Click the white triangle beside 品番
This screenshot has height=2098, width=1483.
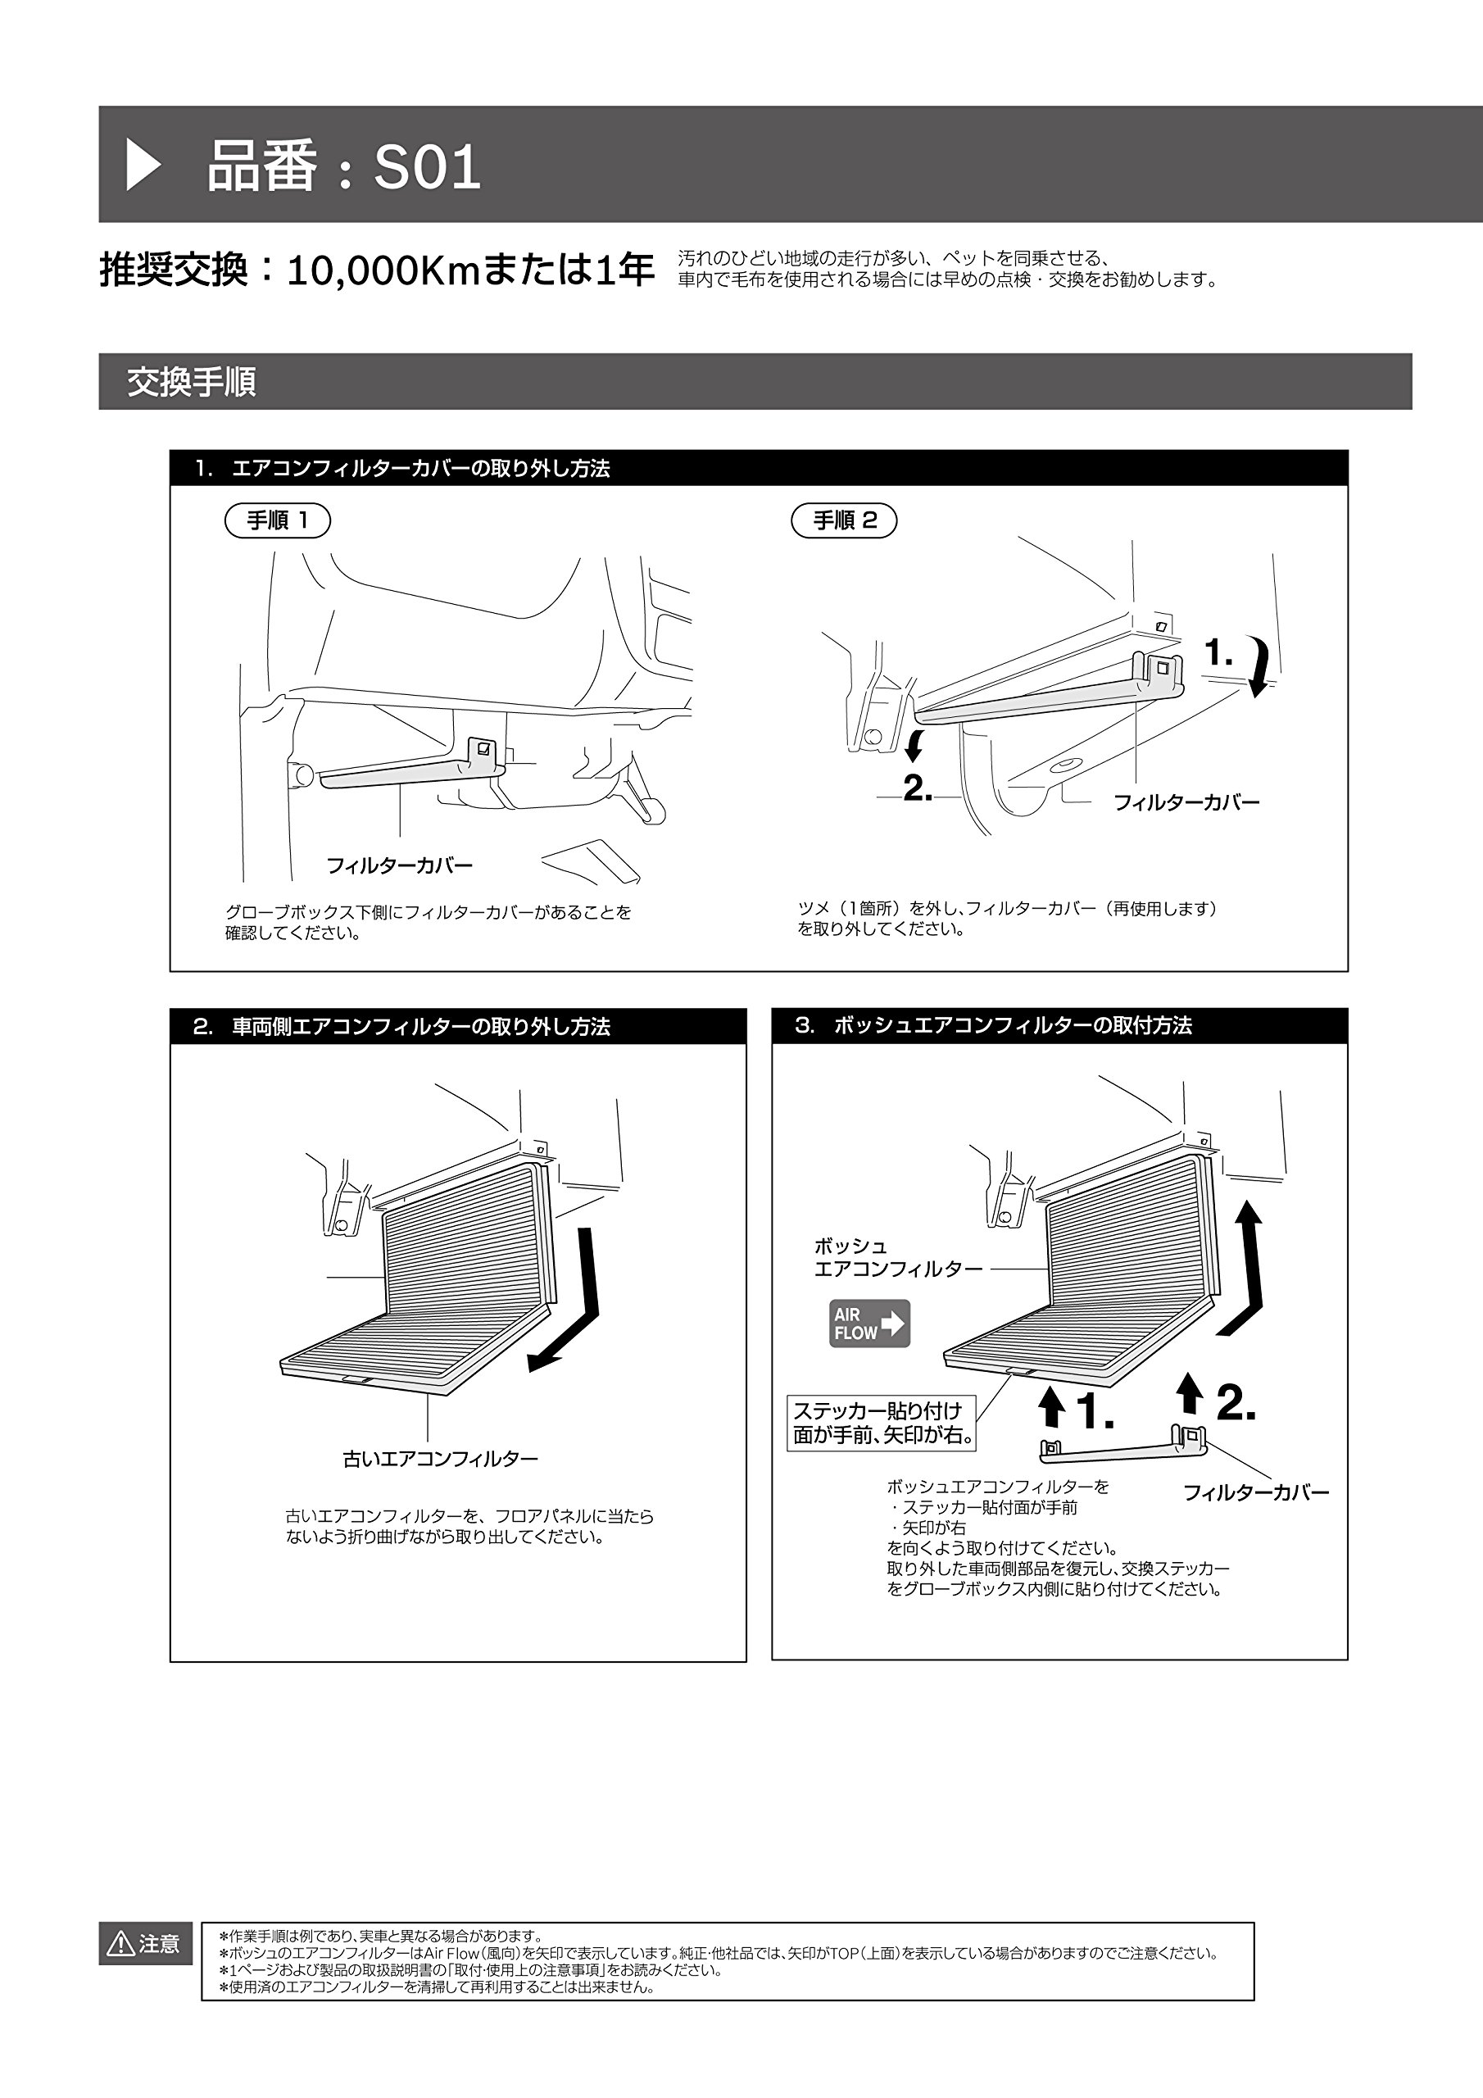pyautogui.click(x=143, y=166)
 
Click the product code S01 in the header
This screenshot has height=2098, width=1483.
pyautogui.click(x=427, y=168)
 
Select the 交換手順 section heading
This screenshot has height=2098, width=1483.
pyautogui.click(x=191, y=382)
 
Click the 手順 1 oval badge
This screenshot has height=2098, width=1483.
pyautogui.click(x=277, y=521)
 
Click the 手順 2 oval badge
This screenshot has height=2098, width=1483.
pyautogui.click(x=843, y=521)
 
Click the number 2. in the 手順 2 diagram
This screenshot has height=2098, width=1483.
pyautogui.click(x=918, y=788)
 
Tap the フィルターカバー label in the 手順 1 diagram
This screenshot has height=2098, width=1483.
pyautogui.click(x=399, y=865)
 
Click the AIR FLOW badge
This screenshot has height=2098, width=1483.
pyautogui.click(x=869, y=1323)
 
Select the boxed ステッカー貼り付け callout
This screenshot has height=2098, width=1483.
pyautogui.click(x=882, y=1423)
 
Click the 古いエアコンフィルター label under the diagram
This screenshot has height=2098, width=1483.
pyautogui.click(x=441, y=1460)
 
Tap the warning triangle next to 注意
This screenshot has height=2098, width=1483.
pyautogui.click(x=120, y=1945)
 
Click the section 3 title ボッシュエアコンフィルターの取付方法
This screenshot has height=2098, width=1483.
pyautogui.click(x=1013, y=1025)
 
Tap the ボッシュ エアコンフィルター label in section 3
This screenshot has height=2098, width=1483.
pyautogui.click(x=898, y=1257)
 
